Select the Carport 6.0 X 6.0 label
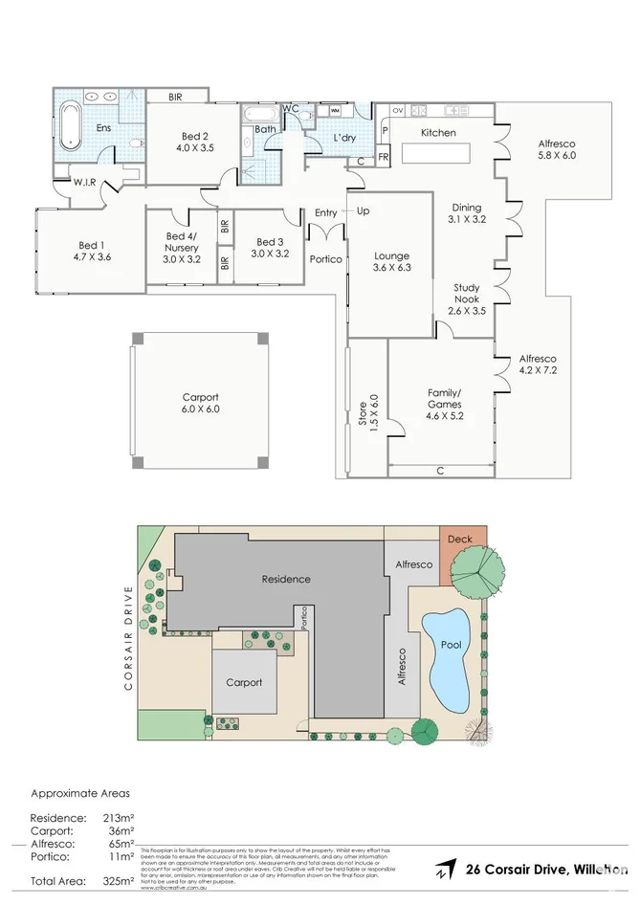click(200, 403)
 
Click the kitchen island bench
click(435, 153)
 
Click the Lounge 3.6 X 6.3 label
click(392, 261)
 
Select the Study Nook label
click(467, 298)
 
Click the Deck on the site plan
click(459, 540)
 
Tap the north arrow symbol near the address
click(445, 871)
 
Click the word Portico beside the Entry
click(326, 259)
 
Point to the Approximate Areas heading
click(80, 793)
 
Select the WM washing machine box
click(335, 111)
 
